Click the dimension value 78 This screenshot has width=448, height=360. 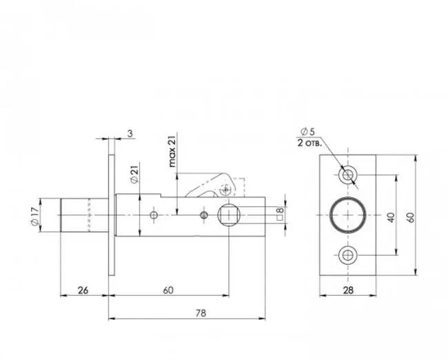click(x=201, y=313)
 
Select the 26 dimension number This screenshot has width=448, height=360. click(x=83, y=290)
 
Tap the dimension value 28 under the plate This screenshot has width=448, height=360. click(x=348, y=290)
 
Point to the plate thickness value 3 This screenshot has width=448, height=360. click(x=130, y=134)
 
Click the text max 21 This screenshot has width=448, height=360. click(x=172, y=151)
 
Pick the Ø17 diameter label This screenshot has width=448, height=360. click(x=34, y=217)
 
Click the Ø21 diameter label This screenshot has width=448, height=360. click(x=134, y=172)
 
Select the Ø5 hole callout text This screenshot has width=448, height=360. click(x=307, y=132)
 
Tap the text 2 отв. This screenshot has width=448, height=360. click(x=309, y=143)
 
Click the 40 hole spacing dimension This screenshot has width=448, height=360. click(x=391, y=217)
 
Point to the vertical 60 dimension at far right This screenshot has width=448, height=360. click(x=411, y=217)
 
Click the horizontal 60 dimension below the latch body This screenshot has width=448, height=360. click(x=168, y=290)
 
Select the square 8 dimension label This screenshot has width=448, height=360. click(x=281, y=214)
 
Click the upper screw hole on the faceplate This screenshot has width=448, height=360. click(x=347, y=174)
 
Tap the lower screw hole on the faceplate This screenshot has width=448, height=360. click(x=347, y=255)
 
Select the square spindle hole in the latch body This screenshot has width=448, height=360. click(x=229, y=215)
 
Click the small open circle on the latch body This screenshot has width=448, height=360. click(x=154, y=215)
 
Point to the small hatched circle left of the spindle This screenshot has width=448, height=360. click(x=204, y=215)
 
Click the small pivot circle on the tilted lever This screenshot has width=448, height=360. click(x=225, y=190)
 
